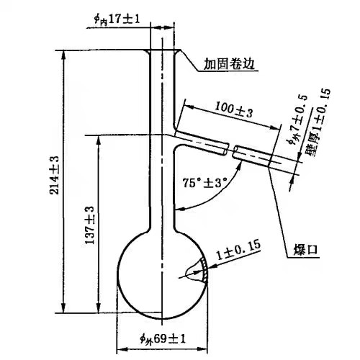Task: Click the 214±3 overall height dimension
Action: point(54,175)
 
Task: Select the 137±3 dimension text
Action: point(90,225)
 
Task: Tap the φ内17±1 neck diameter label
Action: point(117,19)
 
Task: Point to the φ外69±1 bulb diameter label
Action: point(163,339)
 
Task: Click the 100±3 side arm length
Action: point(233,109)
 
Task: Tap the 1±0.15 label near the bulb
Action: point(238,251)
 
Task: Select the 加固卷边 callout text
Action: point(229,64)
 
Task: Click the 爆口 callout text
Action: point(306,250)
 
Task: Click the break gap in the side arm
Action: point(230,150)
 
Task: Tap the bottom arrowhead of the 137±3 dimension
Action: point(98,308)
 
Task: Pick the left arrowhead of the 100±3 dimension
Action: point(189,106)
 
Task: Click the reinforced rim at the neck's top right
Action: point(177,53)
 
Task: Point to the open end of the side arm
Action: point(269,161)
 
